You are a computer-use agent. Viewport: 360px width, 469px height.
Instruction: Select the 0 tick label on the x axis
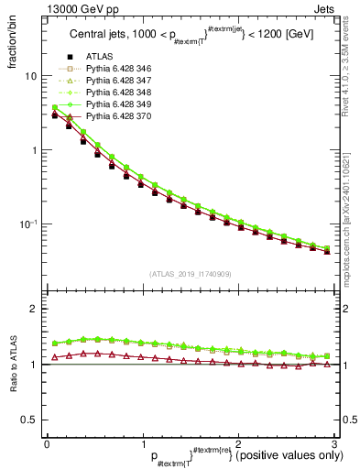point(47,442)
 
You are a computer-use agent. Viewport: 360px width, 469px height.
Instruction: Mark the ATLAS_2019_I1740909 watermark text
point(189,274)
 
